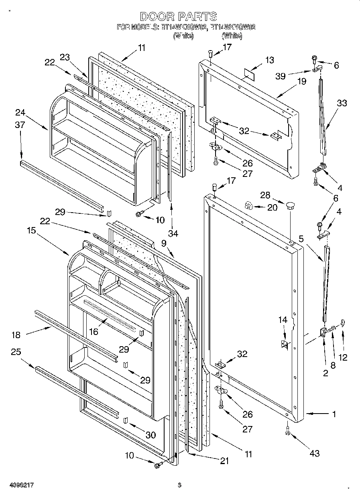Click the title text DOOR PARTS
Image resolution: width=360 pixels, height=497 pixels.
(179, 16)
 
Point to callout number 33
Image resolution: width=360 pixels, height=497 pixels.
(342, 103)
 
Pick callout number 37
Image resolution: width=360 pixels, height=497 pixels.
(20, 125)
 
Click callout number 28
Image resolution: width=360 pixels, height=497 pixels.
(265, 195)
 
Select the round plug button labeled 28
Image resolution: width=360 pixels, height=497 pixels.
(290, 206)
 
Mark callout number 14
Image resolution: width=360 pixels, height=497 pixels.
(283, 320)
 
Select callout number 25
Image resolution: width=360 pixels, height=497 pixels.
(16, 352)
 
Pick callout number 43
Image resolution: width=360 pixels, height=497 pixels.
(315, 453)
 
